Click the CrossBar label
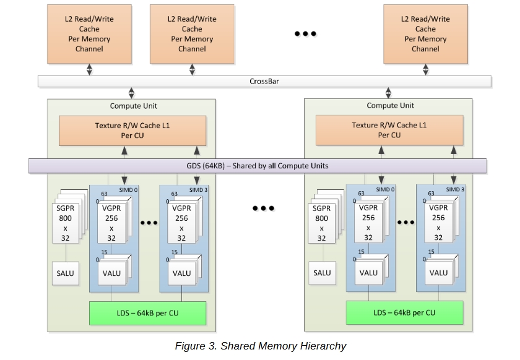click(264, 81)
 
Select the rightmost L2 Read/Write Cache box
click(425, 34)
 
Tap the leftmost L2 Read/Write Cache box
click(89, 34)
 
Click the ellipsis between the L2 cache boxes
click(305, 33)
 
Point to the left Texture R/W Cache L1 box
click(132, 131)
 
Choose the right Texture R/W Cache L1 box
click(389, 131)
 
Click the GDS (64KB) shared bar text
click(258, 166)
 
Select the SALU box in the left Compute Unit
click(66, 273)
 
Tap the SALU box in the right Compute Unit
click(322, 273)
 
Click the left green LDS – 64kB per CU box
click(147, 313)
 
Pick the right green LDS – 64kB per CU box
click(405, 312)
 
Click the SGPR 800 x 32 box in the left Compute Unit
click(66, 223)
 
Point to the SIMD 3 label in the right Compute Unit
click(455, 189)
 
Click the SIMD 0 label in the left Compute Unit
click(128, 190)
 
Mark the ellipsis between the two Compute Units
click(263, 208)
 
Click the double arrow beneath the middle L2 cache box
click(192, 70)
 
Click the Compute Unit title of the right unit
click(391, 105)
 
